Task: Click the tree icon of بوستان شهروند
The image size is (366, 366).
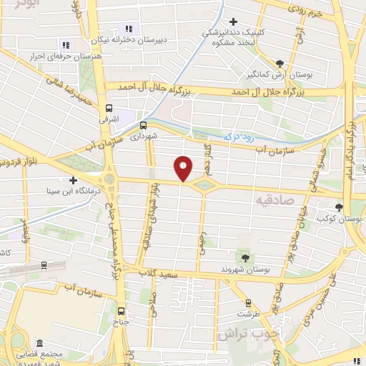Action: click(245, 257)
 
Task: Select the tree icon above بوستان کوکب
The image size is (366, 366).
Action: click(339, 207)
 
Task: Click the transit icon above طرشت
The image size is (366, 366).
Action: click(248, 302)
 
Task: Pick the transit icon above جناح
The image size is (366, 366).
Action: click(121, 311)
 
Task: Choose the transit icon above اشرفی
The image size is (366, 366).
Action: click(109, 109)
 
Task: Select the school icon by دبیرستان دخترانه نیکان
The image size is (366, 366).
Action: click(129, 29)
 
